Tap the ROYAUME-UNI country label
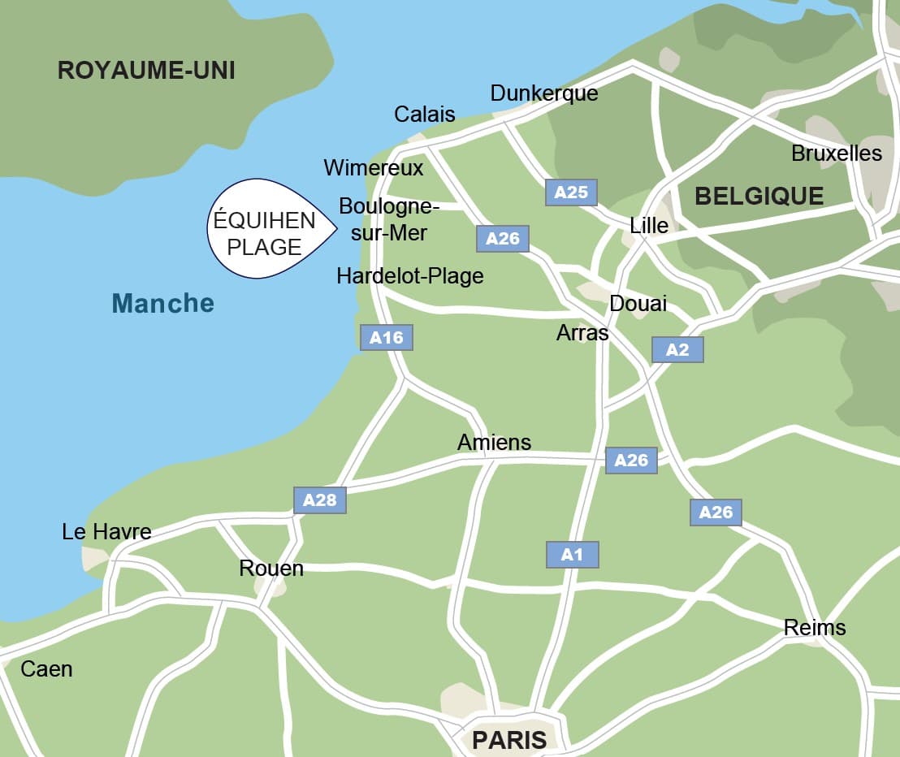click(x=146, y=71)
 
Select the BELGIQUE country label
click(x=759, y=196)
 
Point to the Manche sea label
click(x=162, y=304)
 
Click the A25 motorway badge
click(x=571, y=192)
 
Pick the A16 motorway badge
click(x=387, y=337)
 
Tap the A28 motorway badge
click(x=320, y=500)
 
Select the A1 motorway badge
click(x=573, y=555)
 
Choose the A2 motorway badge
click(x=677, y=349)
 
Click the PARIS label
click(x=509, y=740)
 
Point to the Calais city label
click(x=425, y=115)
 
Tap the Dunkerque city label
click(x=544, y=93)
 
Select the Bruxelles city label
click(x=836, y=154)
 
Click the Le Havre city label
click(x=106, y=532)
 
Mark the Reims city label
click(x=814, y=628)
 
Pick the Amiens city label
click(x=494, y=442)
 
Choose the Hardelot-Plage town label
click(x=410, y=276)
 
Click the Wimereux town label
click(x=374, y=168)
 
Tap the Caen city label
click(x=46, y=669)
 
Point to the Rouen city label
click(x=271, y=569)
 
